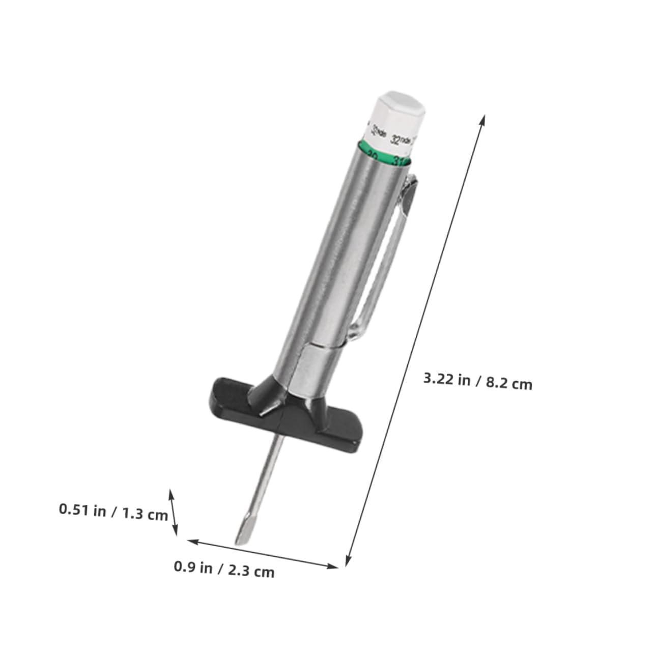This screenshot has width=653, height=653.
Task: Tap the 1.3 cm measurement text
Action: [145, 514]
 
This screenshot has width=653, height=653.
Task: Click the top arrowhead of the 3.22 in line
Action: [482, 119]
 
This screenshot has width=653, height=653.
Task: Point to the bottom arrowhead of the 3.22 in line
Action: [348, 562]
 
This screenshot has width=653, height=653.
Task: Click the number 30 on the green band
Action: [372, 155]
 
